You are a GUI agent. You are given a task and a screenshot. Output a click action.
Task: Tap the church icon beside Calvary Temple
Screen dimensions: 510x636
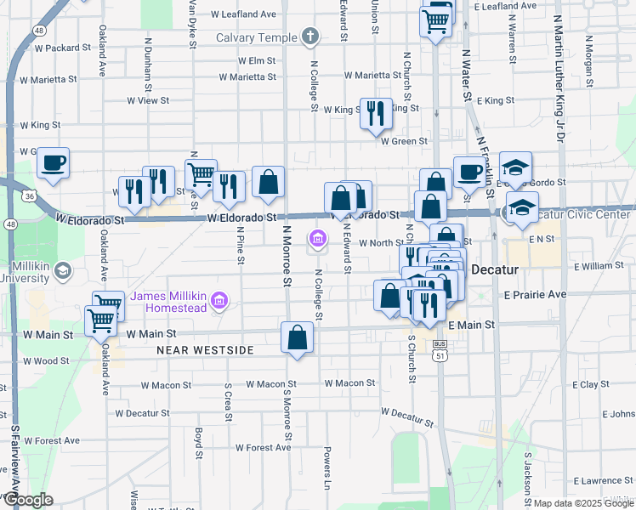[310, 37]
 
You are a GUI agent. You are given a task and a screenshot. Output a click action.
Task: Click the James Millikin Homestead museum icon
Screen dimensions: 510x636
[219, 299]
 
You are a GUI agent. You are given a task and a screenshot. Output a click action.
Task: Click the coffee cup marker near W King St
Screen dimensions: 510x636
[53, 163]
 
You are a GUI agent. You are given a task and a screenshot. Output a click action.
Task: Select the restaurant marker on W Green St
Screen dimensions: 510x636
[375, 114]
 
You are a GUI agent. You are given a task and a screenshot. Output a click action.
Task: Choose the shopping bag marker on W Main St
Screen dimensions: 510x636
[298, 338]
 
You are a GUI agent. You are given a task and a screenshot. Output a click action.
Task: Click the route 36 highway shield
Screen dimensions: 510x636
[30, 196]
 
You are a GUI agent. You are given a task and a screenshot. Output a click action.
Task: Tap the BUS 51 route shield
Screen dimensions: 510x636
[440, 350]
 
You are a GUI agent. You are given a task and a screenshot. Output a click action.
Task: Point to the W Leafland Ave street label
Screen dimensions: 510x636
[243, 14]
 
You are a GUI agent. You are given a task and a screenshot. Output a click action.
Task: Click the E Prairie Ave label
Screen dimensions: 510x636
[535, 295]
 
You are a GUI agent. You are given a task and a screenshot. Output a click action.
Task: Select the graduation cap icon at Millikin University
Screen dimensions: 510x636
[62, 271]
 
